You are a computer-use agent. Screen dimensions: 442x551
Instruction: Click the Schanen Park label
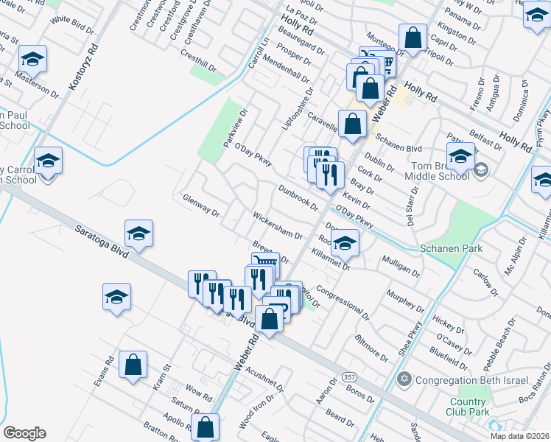(x=450, y=248)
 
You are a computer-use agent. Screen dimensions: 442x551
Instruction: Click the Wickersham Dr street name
(x=278, y=225)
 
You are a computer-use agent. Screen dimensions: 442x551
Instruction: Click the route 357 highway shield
(x=350, y=376)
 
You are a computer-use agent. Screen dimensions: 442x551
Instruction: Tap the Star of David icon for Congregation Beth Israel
(x=404, y=380)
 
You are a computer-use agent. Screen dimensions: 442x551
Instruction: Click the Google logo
(x=24, y=433)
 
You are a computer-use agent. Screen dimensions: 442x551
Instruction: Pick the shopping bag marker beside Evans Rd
(x=133, y=364)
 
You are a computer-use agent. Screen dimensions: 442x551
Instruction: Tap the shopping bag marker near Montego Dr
(x=413, y=38)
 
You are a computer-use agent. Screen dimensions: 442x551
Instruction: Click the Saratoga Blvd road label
(x=102, y=240)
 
